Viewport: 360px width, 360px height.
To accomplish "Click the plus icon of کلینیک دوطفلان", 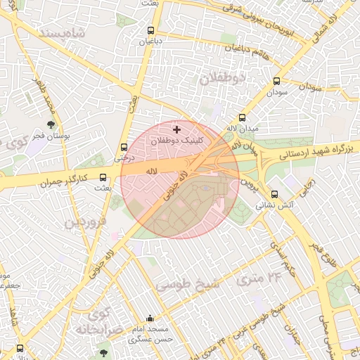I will tap(176, 129).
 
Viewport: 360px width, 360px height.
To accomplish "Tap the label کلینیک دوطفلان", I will tap(181, 141).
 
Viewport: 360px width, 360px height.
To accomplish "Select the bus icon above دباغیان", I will tap(151, 31).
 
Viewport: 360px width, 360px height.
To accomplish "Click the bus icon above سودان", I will tap(276, 81).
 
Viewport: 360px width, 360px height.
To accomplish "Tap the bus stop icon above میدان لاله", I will tap(243, 118).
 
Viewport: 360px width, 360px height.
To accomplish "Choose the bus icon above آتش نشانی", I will tap(275, 195).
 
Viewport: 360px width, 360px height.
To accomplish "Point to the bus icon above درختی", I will tap(124, 148).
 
